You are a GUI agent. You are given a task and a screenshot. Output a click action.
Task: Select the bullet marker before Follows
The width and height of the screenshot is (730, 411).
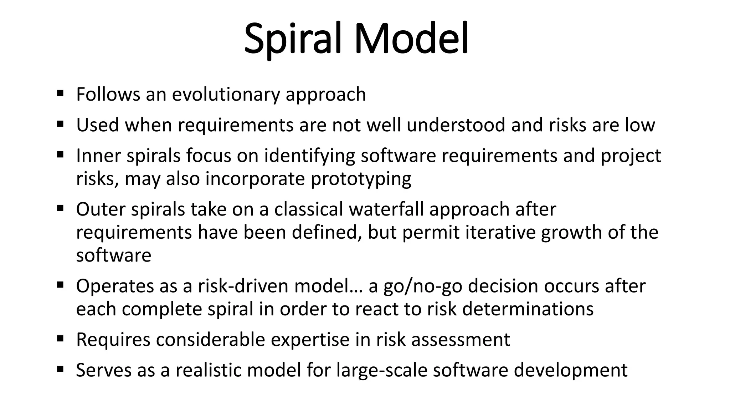(x=60, y=93)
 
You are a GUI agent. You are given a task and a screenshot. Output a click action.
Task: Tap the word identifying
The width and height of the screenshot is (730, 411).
(x=309, y=156)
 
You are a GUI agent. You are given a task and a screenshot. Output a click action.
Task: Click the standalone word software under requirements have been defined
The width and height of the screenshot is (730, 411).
(x=114, y=255)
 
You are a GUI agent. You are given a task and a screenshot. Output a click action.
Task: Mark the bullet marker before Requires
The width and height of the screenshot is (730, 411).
(x=60, y=338)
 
